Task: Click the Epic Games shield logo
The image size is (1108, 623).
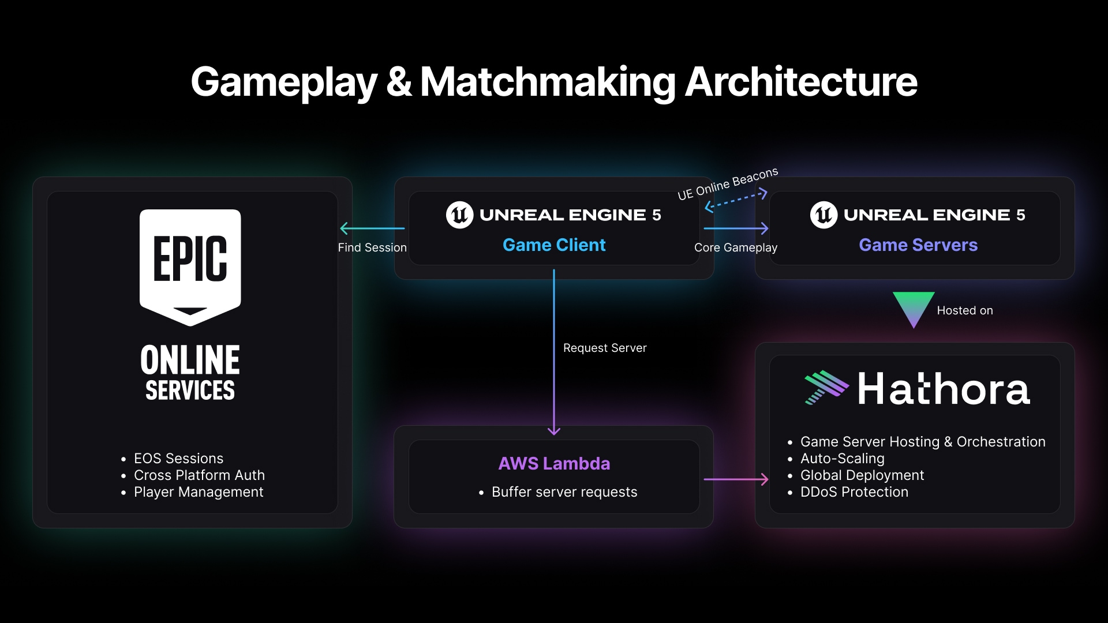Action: (x=190, y=267)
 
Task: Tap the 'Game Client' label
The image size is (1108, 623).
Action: (x=554, y=245)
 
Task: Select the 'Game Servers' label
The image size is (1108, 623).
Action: (x=918, y=245)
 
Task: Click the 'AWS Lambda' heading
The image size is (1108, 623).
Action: (x=554, y=463)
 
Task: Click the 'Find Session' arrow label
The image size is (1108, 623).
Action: (x=372, y=247)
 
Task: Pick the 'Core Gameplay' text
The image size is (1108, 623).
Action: (x=736, y=247)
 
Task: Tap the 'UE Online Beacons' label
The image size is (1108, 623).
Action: (x=728, y=183)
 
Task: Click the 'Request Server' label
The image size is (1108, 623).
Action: (x=605, y=348)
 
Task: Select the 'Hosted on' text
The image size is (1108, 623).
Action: (x=965, y=310)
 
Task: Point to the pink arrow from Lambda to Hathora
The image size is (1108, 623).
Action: (x=736, y=479)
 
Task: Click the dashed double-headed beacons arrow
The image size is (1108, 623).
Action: (x=736, y=200)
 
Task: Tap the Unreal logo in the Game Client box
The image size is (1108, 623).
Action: (x=460, y=215)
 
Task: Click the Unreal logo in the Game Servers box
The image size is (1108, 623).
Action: (x=824, y=215)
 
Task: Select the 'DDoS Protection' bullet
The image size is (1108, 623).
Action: (x=848, y=492)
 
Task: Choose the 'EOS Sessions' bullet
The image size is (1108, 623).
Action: (x=173, y=459)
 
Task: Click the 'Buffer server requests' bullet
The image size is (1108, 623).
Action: (x=558, y=492)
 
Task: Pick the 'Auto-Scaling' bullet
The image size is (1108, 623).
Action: (x=836, y=459)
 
